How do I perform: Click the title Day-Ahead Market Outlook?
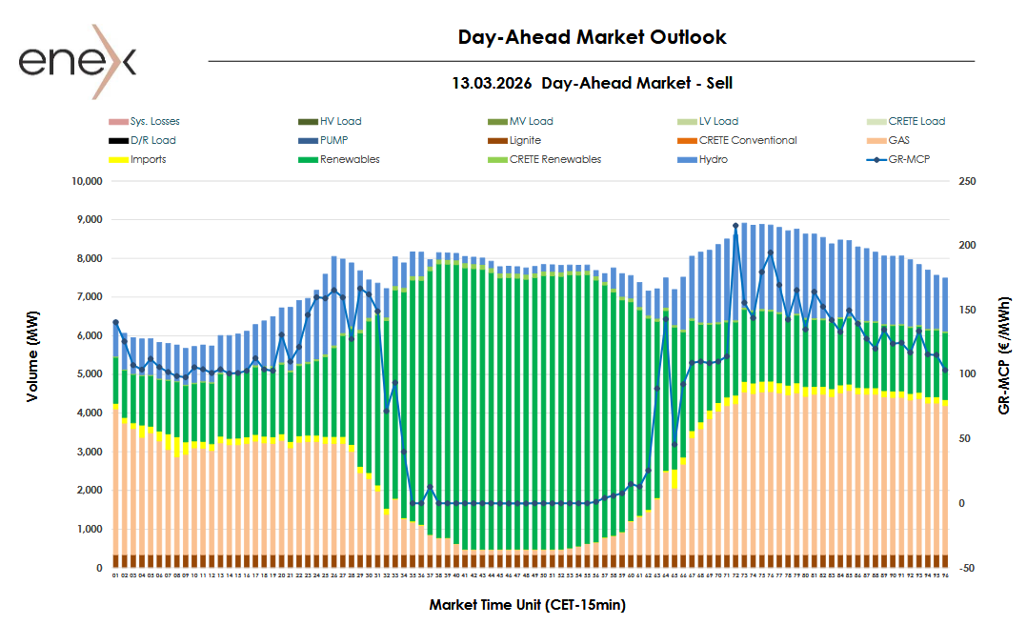592,37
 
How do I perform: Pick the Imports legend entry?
148,159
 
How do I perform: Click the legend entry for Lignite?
525,140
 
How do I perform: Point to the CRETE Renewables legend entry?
555,159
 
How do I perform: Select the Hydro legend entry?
713,159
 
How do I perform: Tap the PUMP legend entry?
333,140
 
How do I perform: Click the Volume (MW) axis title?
33,374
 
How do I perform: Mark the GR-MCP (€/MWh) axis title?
1004,374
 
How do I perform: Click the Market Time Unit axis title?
527,605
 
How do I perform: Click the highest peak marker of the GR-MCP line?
735,226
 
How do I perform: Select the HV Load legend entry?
340,121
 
